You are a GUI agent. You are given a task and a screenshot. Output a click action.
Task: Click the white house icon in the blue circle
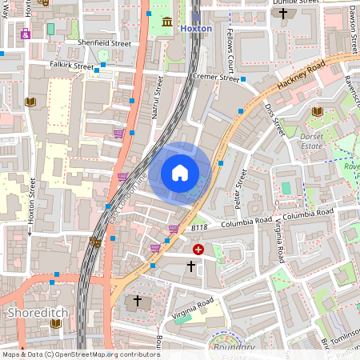pyautogui.click(x=180, y=172)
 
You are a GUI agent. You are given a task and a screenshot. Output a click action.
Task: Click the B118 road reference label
pyautogui.click(x=199, y=227)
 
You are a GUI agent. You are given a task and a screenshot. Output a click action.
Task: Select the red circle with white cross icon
pyautogui.click(x=198, y=250)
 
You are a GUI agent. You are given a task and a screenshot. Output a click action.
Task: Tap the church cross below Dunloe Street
pyautogui.click(x=282, y=14)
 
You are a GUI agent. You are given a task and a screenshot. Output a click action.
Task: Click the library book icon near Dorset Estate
pyautogui.click(x=318, y=111)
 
